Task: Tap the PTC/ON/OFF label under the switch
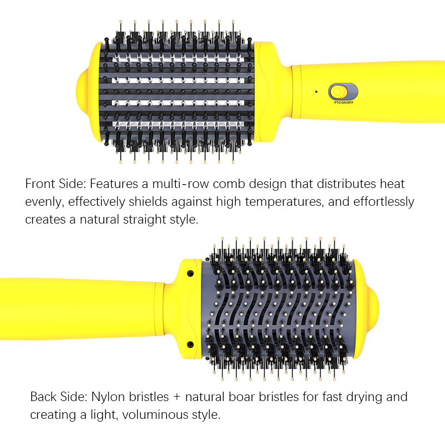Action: click(344, 102)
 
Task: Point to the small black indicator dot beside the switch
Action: click(316, 92)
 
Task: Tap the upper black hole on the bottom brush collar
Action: click(190, 274)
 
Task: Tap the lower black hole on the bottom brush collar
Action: click(190, 344)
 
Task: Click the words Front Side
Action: click(56, 184)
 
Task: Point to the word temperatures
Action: click(284, 202)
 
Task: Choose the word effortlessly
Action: click(384, 202)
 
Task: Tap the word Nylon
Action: click(108, 397)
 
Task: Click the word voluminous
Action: click(156, 414)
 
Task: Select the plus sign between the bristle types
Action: click(177, 397)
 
